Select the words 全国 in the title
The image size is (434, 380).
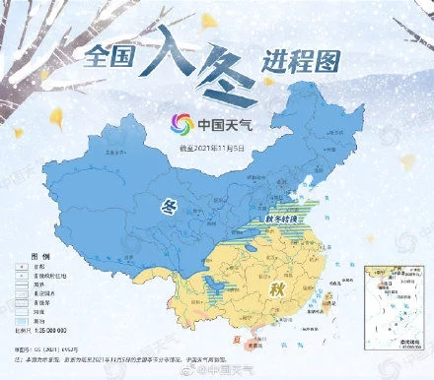coord(111,59)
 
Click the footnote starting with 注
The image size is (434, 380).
coord(148,359)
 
